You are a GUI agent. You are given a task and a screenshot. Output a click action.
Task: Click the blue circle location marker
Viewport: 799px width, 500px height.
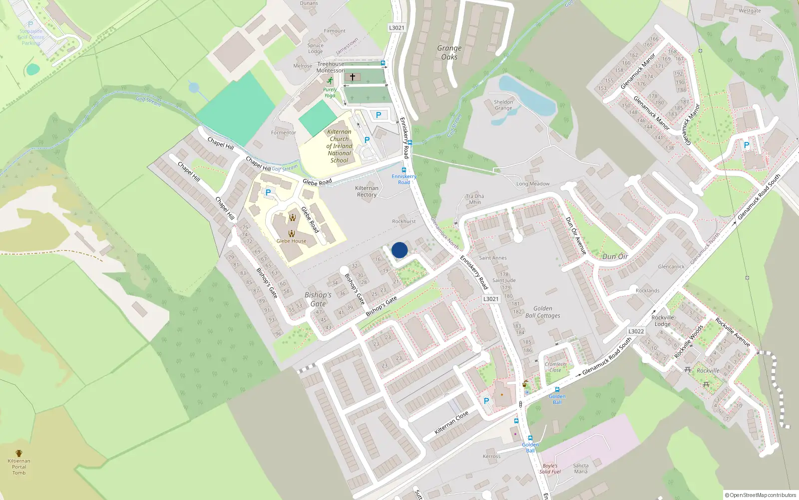point(399,250)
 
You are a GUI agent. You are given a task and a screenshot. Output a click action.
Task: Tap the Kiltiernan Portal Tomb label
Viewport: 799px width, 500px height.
point(19,466)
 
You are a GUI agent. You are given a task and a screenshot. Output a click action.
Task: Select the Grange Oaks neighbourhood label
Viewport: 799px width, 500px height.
point(449,52)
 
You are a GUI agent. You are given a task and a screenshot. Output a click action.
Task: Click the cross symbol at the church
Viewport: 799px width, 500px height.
point(353,77)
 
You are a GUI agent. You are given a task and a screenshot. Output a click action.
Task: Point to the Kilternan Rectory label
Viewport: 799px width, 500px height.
point(367,191)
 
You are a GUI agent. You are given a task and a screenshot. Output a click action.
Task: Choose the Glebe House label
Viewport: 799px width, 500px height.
point(292,241)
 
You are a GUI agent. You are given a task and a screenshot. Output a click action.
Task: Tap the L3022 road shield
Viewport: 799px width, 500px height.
point(636,331)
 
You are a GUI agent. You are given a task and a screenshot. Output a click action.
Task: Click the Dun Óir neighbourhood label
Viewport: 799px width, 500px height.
point(615,256)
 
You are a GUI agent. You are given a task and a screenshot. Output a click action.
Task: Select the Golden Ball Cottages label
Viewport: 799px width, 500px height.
point(543,312)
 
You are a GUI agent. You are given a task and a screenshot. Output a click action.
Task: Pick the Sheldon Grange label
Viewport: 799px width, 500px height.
point(503,105)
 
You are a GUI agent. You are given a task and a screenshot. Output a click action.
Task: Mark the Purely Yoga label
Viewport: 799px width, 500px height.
point(330,92)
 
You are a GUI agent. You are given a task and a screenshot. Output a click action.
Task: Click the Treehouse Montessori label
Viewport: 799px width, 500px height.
point(331,67)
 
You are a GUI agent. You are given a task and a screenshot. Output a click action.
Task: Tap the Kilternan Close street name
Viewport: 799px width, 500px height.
point(451,422)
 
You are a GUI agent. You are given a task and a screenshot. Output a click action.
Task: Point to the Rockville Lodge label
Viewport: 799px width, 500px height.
point(663,320)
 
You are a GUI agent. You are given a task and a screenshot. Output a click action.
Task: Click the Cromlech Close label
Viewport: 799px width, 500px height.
point(555,367)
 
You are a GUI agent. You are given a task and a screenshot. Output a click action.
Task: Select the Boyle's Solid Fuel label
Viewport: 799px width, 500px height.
point(550,468)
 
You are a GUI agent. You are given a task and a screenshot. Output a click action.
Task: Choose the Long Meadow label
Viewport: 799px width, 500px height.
point(533,184)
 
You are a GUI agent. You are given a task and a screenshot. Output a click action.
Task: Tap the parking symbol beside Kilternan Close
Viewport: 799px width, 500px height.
point(486,400)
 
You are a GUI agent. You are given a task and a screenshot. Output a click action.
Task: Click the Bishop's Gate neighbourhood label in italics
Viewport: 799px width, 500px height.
point(318,299)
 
